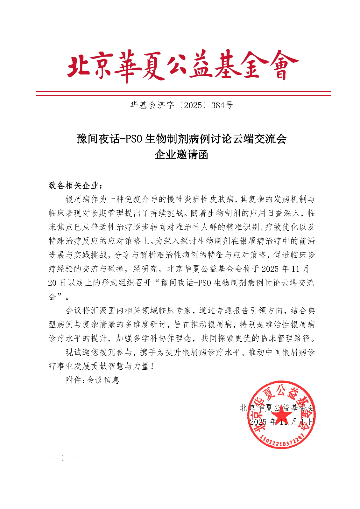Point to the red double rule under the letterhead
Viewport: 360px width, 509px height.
pyautogui.click(x=183, y=93)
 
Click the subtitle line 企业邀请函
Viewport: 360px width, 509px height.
pyautogui.click(x=181, y=155)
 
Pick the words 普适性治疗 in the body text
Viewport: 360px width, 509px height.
pyautogui.click(x=112, y=227)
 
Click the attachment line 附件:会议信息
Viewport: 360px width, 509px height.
pyautogui.click(x=92, y=380)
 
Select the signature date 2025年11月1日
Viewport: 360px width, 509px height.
pyautogui.click(x=282, y=422)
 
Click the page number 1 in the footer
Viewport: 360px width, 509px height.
pyautogui.click(x=63, y=458)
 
